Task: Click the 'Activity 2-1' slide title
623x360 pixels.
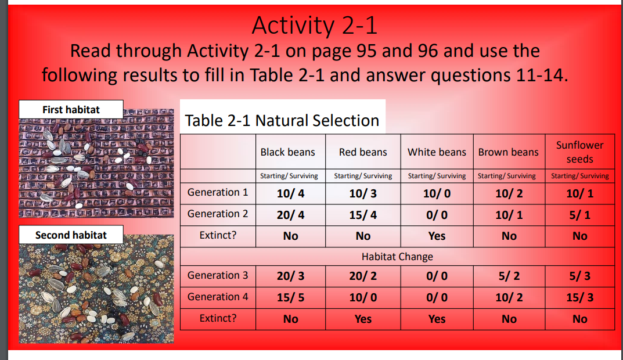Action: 314,25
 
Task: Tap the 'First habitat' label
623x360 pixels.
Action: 71,109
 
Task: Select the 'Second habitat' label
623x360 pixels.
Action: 71,235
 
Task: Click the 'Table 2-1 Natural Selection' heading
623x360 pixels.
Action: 282,121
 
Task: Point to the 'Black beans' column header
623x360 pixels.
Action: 287,152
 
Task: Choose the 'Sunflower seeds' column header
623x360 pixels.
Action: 579,152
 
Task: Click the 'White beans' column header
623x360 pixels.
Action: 437,152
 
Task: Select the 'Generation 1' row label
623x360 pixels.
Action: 218,193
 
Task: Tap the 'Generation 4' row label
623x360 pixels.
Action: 218,297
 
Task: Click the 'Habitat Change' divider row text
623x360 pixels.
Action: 397,256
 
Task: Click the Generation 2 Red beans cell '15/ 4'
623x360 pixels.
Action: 363,215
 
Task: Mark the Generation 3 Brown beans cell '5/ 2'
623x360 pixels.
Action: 509,276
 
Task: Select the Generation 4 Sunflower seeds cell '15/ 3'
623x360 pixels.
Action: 579,298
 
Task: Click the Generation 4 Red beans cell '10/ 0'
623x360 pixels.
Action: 363,298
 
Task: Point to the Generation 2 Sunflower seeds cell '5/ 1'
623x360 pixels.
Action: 579,215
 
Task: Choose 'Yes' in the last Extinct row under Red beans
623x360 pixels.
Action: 363,319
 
